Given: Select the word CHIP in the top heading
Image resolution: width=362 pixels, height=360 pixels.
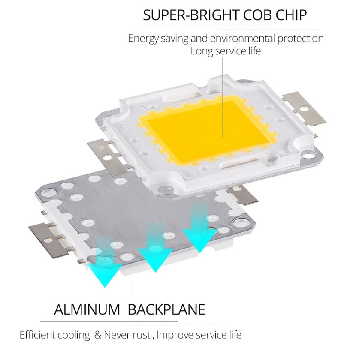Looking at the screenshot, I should click(292, 15).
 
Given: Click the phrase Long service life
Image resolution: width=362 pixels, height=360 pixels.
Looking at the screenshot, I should click(226, 51).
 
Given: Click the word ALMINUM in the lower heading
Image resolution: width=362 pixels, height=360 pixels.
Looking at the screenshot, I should click(87, 309).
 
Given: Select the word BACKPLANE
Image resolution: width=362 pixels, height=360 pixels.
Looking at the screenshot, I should click(166, 309).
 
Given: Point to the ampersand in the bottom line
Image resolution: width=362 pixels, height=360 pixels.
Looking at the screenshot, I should click(97, 335).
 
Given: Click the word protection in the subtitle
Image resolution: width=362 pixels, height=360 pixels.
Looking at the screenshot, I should click(300, 39).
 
